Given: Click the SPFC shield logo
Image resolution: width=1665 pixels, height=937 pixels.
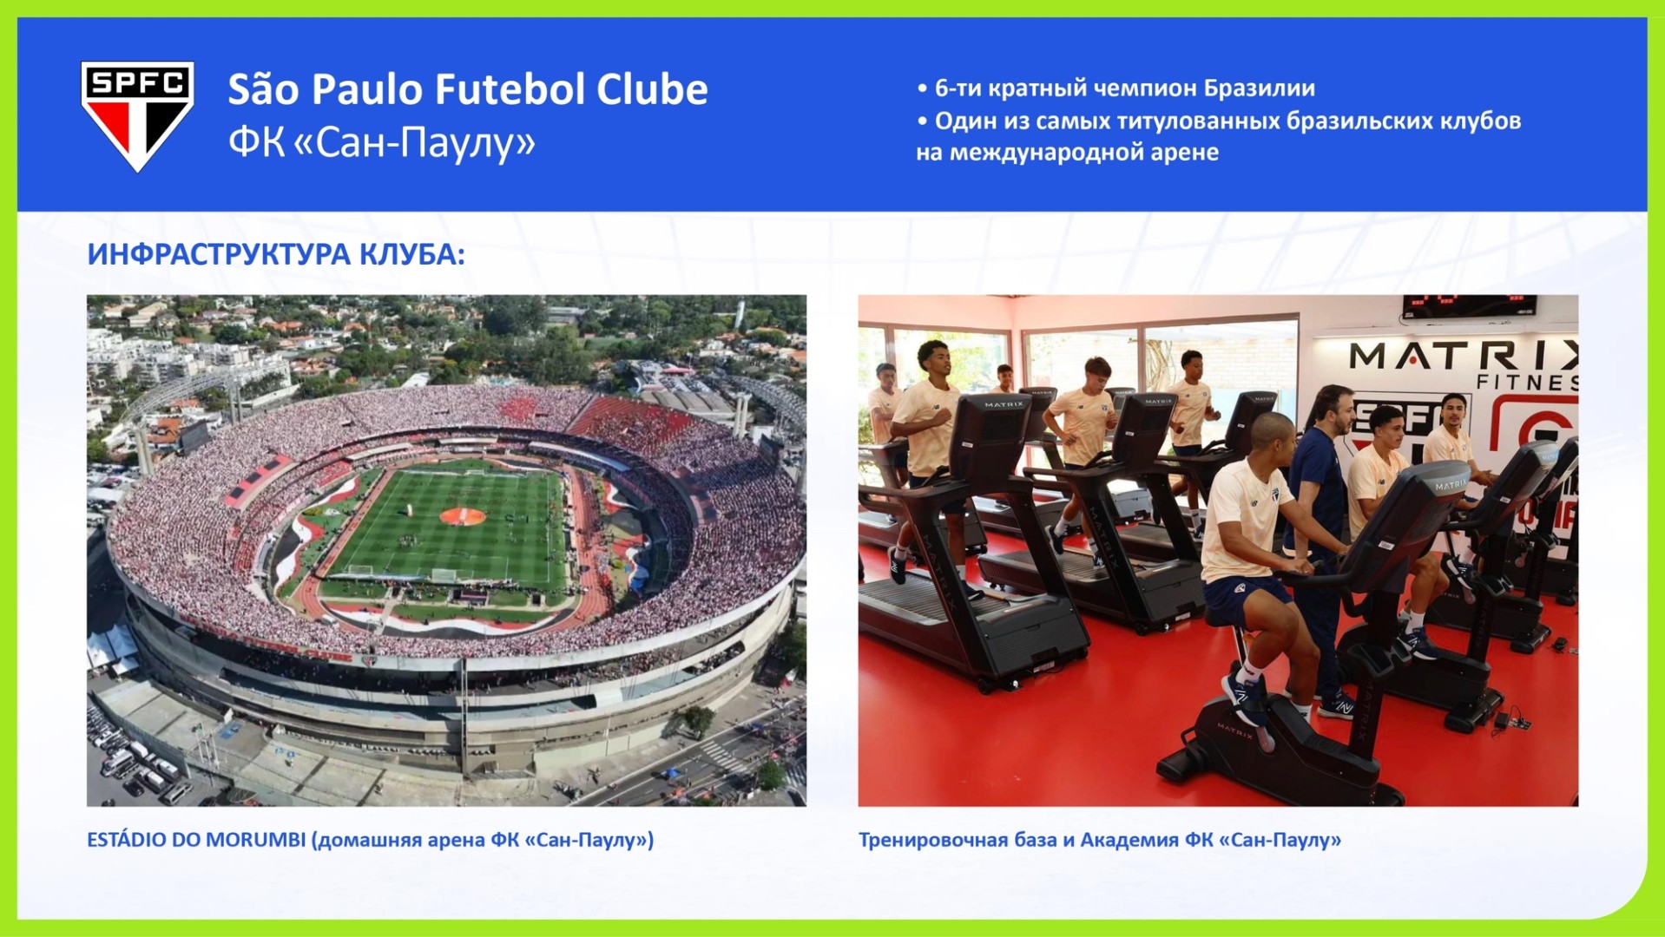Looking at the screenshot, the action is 137,116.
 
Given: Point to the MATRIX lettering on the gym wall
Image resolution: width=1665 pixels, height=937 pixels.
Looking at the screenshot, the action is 1464,356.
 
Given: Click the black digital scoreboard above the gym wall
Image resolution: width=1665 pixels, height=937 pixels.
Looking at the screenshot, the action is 1469,305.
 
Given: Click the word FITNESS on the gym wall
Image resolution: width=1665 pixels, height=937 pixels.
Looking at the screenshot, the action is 1527,382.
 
